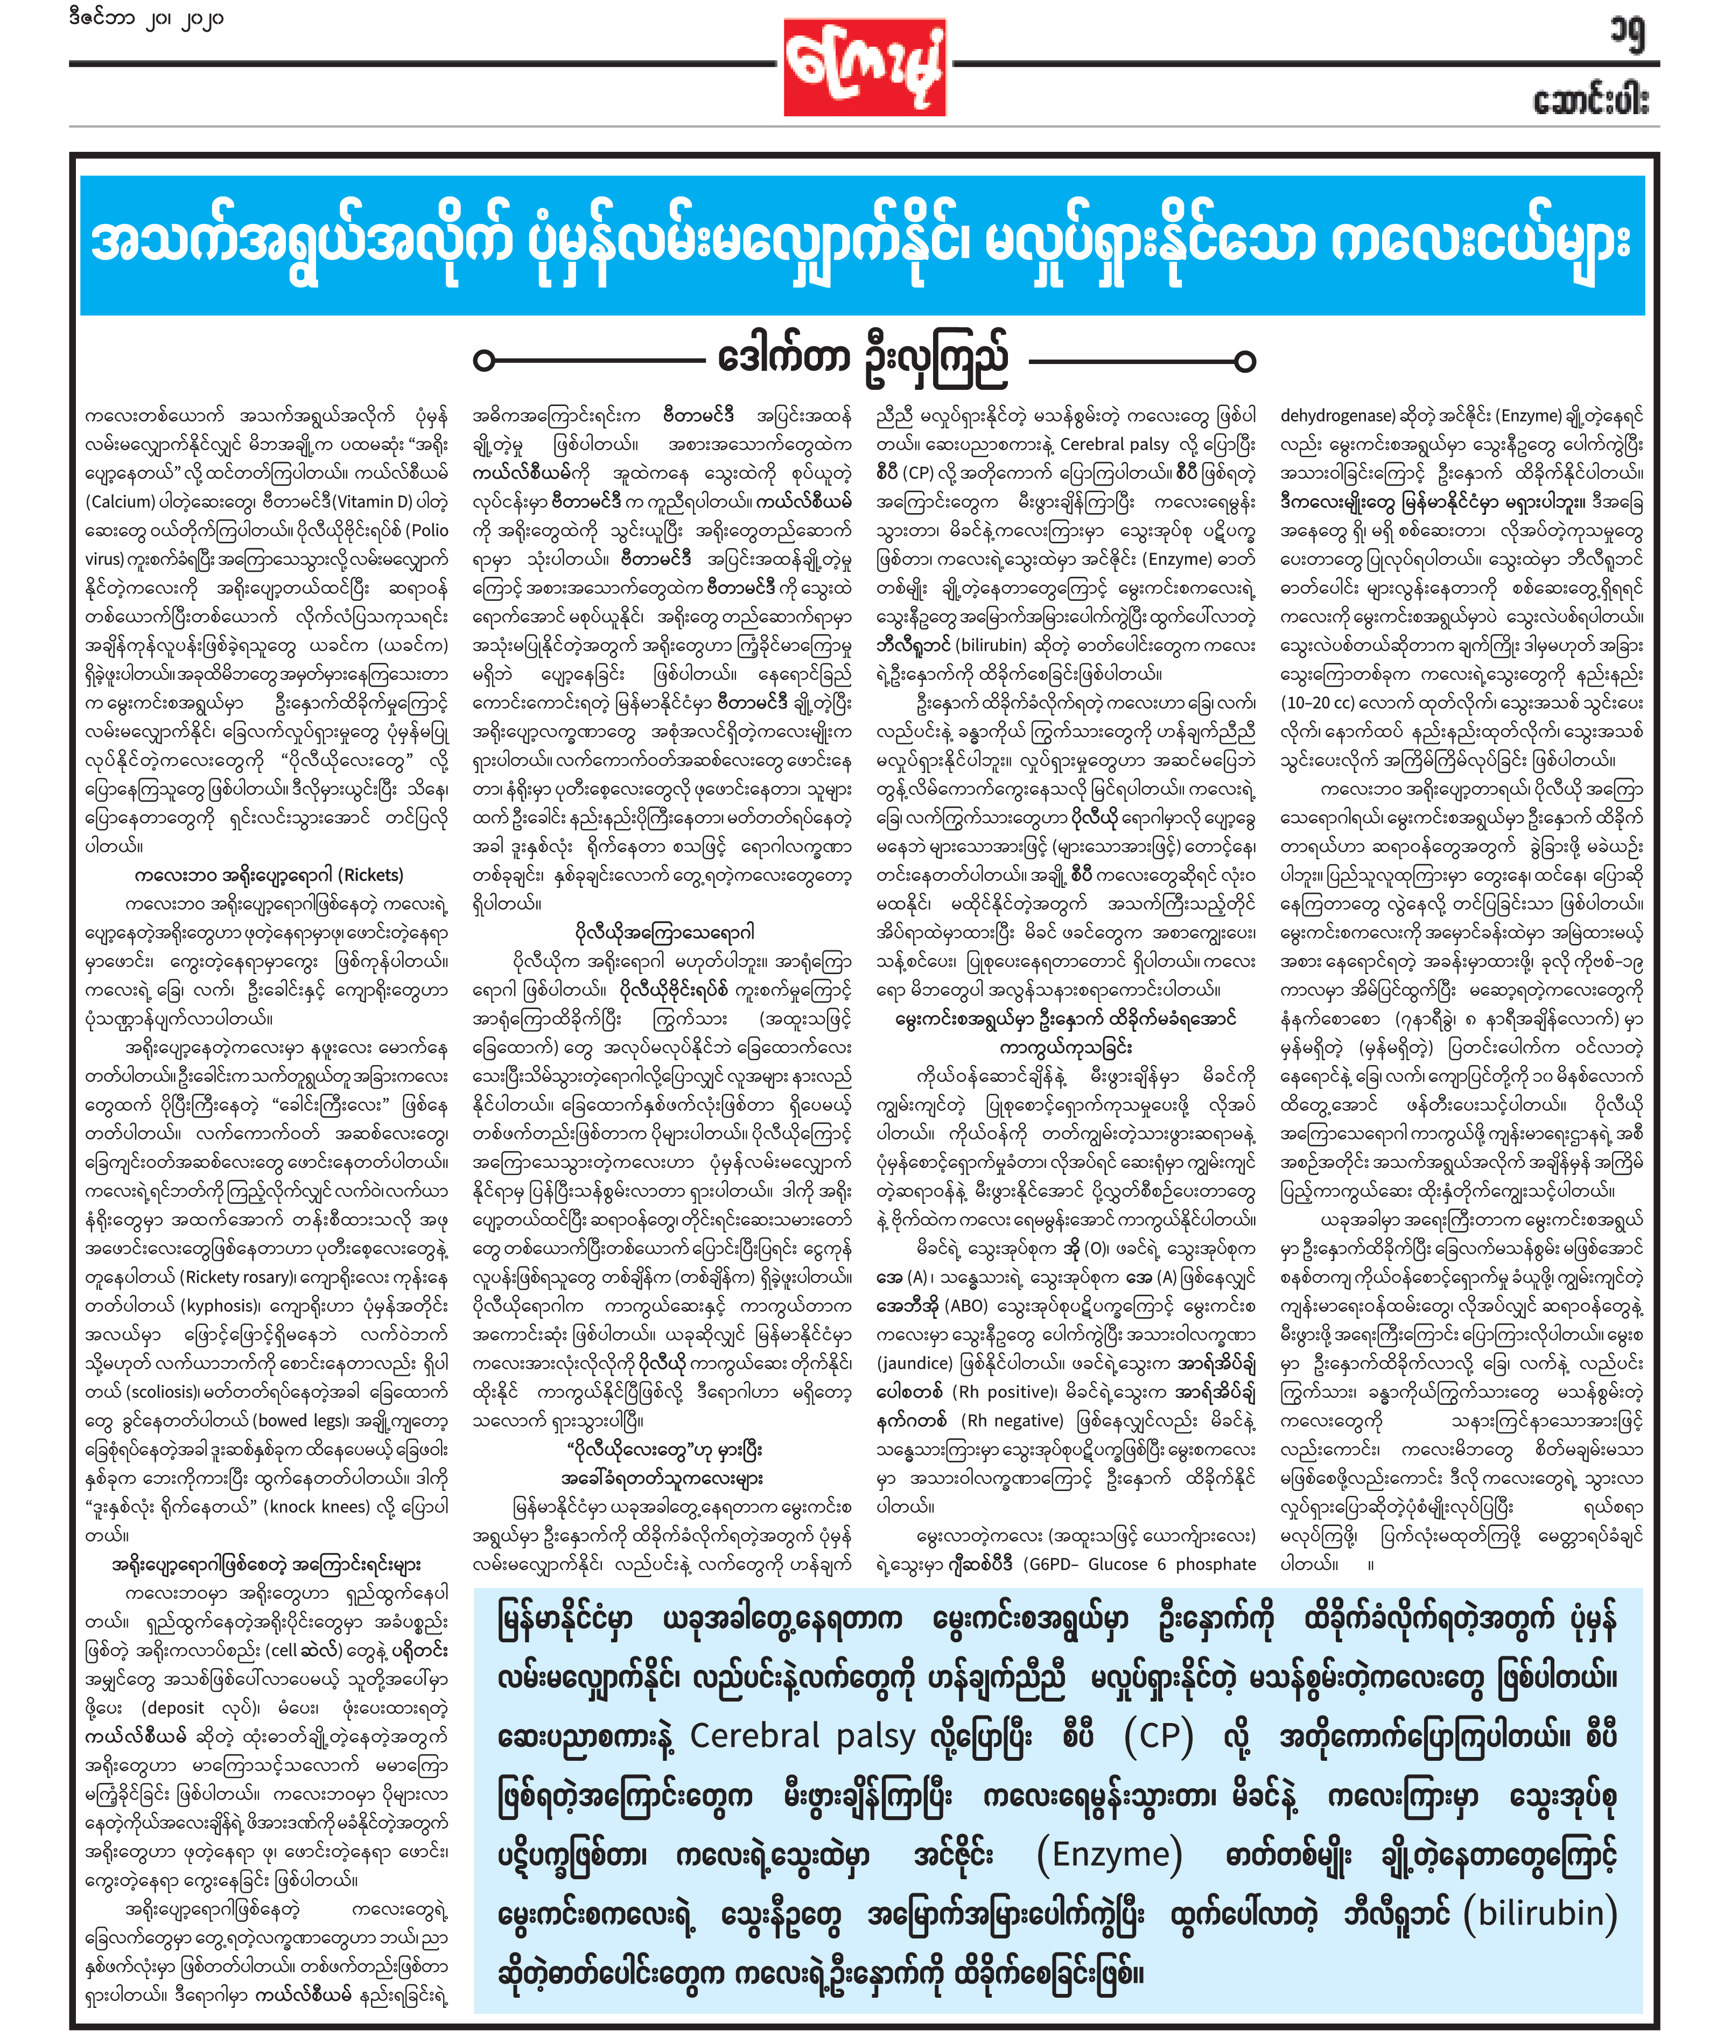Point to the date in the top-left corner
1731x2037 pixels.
click(146, 19)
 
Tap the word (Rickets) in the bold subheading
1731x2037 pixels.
click(371, 874)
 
